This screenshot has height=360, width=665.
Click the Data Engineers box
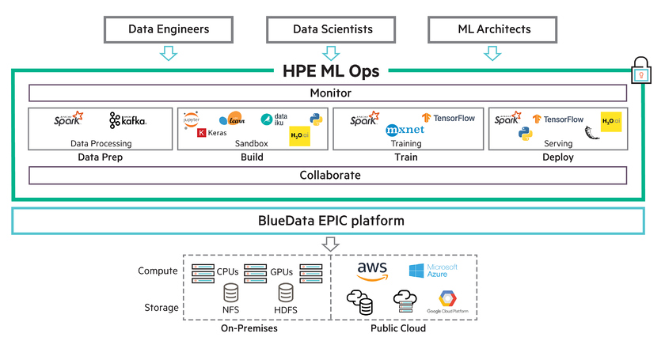[x=169, y=29]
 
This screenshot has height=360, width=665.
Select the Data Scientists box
[x=332, y=29]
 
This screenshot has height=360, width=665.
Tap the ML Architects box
[x=494, y=29]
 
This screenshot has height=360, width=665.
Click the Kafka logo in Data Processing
[x=128, y=121]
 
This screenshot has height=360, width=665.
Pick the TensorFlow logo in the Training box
[x=449, y=118]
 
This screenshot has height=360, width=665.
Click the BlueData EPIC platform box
[x=330, y=221]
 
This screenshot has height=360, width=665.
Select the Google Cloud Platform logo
[x=449, y=303]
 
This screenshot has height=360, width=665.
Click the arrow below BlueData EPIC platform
[x=332, y=244]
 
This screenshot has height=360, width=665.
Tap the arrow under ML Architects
[x=492, y=53]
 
